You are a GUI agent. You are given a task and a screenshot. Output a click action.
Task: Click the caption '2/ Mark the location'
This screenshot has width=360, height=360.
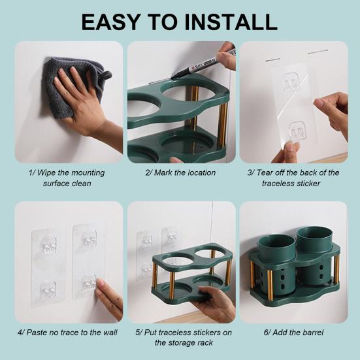pos(180,172)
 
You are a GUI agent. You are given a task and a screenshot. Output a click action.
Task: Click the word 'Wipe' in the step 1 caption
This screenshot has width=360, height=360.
pos(46,172)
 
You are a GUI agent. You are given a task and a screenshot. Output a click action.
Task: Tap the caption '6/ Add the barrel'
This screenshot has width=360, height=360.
pos(293,333)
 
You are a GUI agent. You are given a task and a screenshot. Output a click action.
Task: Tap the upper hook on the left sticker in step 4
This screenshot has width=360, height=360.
pos(48,245)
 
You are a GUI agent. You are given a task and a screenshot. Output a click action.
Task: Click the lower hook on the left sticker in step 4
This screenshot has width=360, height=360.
pos(48,289)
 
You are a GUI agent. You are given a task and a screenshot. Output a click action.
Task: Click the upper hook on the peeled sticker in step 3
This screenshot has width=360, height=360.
pos(291,83)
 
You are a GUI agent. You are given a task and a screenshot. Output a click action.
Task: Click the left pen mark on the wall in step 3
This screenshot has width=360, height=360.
pos(272,60)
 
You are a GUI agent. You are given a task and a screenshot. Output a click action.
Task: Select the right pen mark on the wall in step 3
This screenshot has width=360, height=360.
pos(318,52)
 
